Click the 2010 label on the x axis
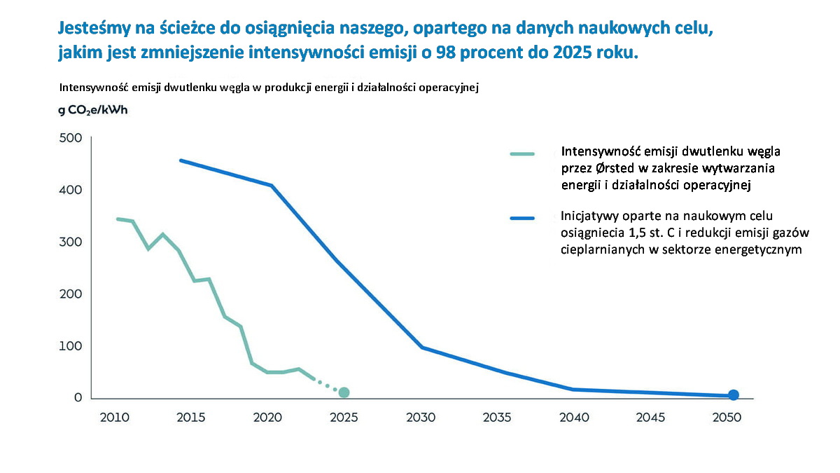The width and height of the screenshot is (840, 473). [x=114, y=418]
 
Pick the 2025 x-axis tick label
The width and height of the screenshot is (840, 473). [x=344, y=418]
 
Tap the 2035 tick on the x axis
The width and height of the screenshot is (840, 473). [x=497, y=418]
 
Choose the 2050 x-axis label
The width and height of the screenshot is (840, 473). [x=727, y=418]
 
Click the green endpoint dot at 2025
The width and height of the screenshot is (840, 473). [x=344, y=392]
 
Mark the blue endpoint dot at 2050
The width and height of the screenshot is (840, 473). [x=733, y=395]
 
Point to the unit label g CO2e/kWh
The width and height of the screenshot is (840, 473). [x=93, y=110]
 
